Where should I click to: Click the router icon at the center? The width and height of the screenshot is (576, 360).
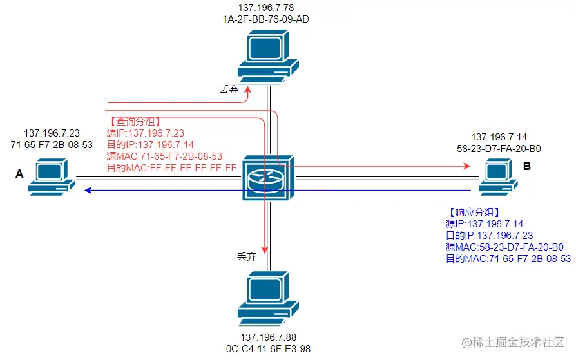[x=268, y=178]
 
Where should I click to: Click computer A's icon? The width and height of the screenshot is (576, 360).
[x=52, y=176]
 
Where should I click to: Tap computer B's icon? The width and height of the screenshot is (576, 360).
[x=499, y=176]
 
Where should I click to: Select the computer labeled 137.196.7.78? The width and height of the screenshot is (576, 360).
[x=268, y=57]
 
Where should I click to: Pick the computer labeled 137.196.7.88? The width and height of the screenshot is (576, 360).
[x=268, y=298]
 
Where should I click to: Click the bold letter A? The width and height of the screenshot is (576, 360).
[x=19, y=174]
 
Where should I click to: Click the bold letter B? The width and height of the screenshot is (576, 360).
[x=527, y=166]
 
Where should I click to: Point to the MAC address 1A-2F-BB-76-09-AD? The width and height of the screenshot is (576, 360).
[x=265, y=19]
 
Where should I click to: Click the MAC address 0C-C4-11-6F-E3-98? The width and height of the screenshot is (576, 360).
[x=268, y=349]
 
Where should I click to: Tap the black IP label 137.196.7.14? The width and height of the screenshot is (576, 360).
[x=499, y=137]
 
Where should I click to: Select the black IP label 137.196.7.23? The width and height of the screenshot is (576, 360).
[x=52, y=133]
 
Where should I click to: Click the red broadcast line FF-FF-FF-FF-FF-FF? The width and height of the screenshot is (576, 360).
[x=171, y=168]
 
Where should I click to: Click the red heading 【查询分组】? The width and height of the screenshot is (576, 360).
[x=135, y=122]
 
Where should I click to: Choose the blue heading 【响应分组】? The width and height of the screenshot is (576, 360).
[x=474, y=213]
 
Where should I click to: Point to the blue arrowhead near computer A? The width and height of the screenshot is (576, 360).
[x=88, y=190]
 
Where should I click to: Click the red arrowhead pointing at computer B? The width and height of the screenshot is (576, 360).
[x=467, y=166]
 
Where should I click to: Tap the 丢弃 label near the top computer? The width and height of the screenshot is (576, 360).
[x=229, y=90]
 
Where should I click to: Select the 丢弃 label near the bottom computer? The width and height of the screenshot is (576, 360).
[x=247, y=256]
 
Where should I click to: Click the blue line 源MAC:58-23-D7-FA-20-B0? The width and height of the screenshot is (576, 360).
[x=504, y=247]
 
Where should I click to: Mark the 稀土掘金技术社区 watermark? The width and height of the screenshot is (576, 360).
[x=513, y=343]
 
